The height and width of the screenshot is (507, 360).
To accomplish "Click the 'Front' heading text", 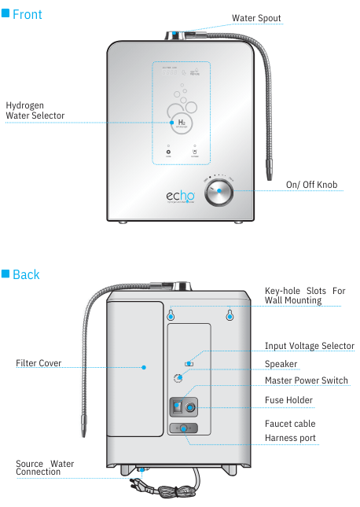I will (x=27, y=14).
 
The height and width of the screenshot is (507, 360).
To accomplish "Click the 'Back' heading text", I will (x=26, y=274).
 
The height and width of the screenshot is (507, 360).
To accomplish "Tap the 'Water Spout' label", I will (x=255, y=18).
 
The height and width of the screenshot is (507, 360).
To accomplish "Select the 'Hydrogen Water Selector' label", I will (x=35, y=111).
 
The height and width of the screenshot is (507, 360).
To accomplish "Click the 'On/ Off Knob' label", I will (x=311, y=185).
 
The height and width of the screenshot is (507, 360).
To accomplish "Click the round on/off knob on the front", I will (x=219, y=192).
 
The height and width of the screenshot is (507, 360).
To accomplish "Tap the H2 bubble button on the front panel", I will (x=181, y=122).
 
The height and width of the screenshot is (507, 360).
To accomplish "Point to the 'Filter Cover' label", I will (x=39, y=363).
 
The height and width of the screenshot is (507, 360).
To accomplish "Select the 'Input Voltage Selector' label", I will (x=309, y=346).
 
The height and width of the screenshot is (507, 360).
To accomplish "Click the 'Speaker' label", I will (x=281, y=364).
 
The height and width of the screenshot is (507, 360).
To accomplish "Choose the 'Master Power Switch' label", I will (x=306, y=381).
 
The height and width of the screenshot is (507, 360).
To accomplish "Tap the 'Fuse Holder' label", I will (x=288, y=400).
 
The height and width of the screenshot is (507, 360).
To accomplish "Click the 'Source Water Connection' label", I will (x=45, y=468).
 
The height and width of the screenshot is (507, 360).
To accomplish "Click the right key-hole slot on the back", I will (x=230, y=315).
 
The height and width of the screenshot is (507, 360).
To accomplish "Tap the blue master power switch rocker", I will (x=178, y=407).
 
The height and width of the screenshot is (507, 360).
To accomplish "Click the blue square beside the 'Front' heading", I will (x=6, y=14).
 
